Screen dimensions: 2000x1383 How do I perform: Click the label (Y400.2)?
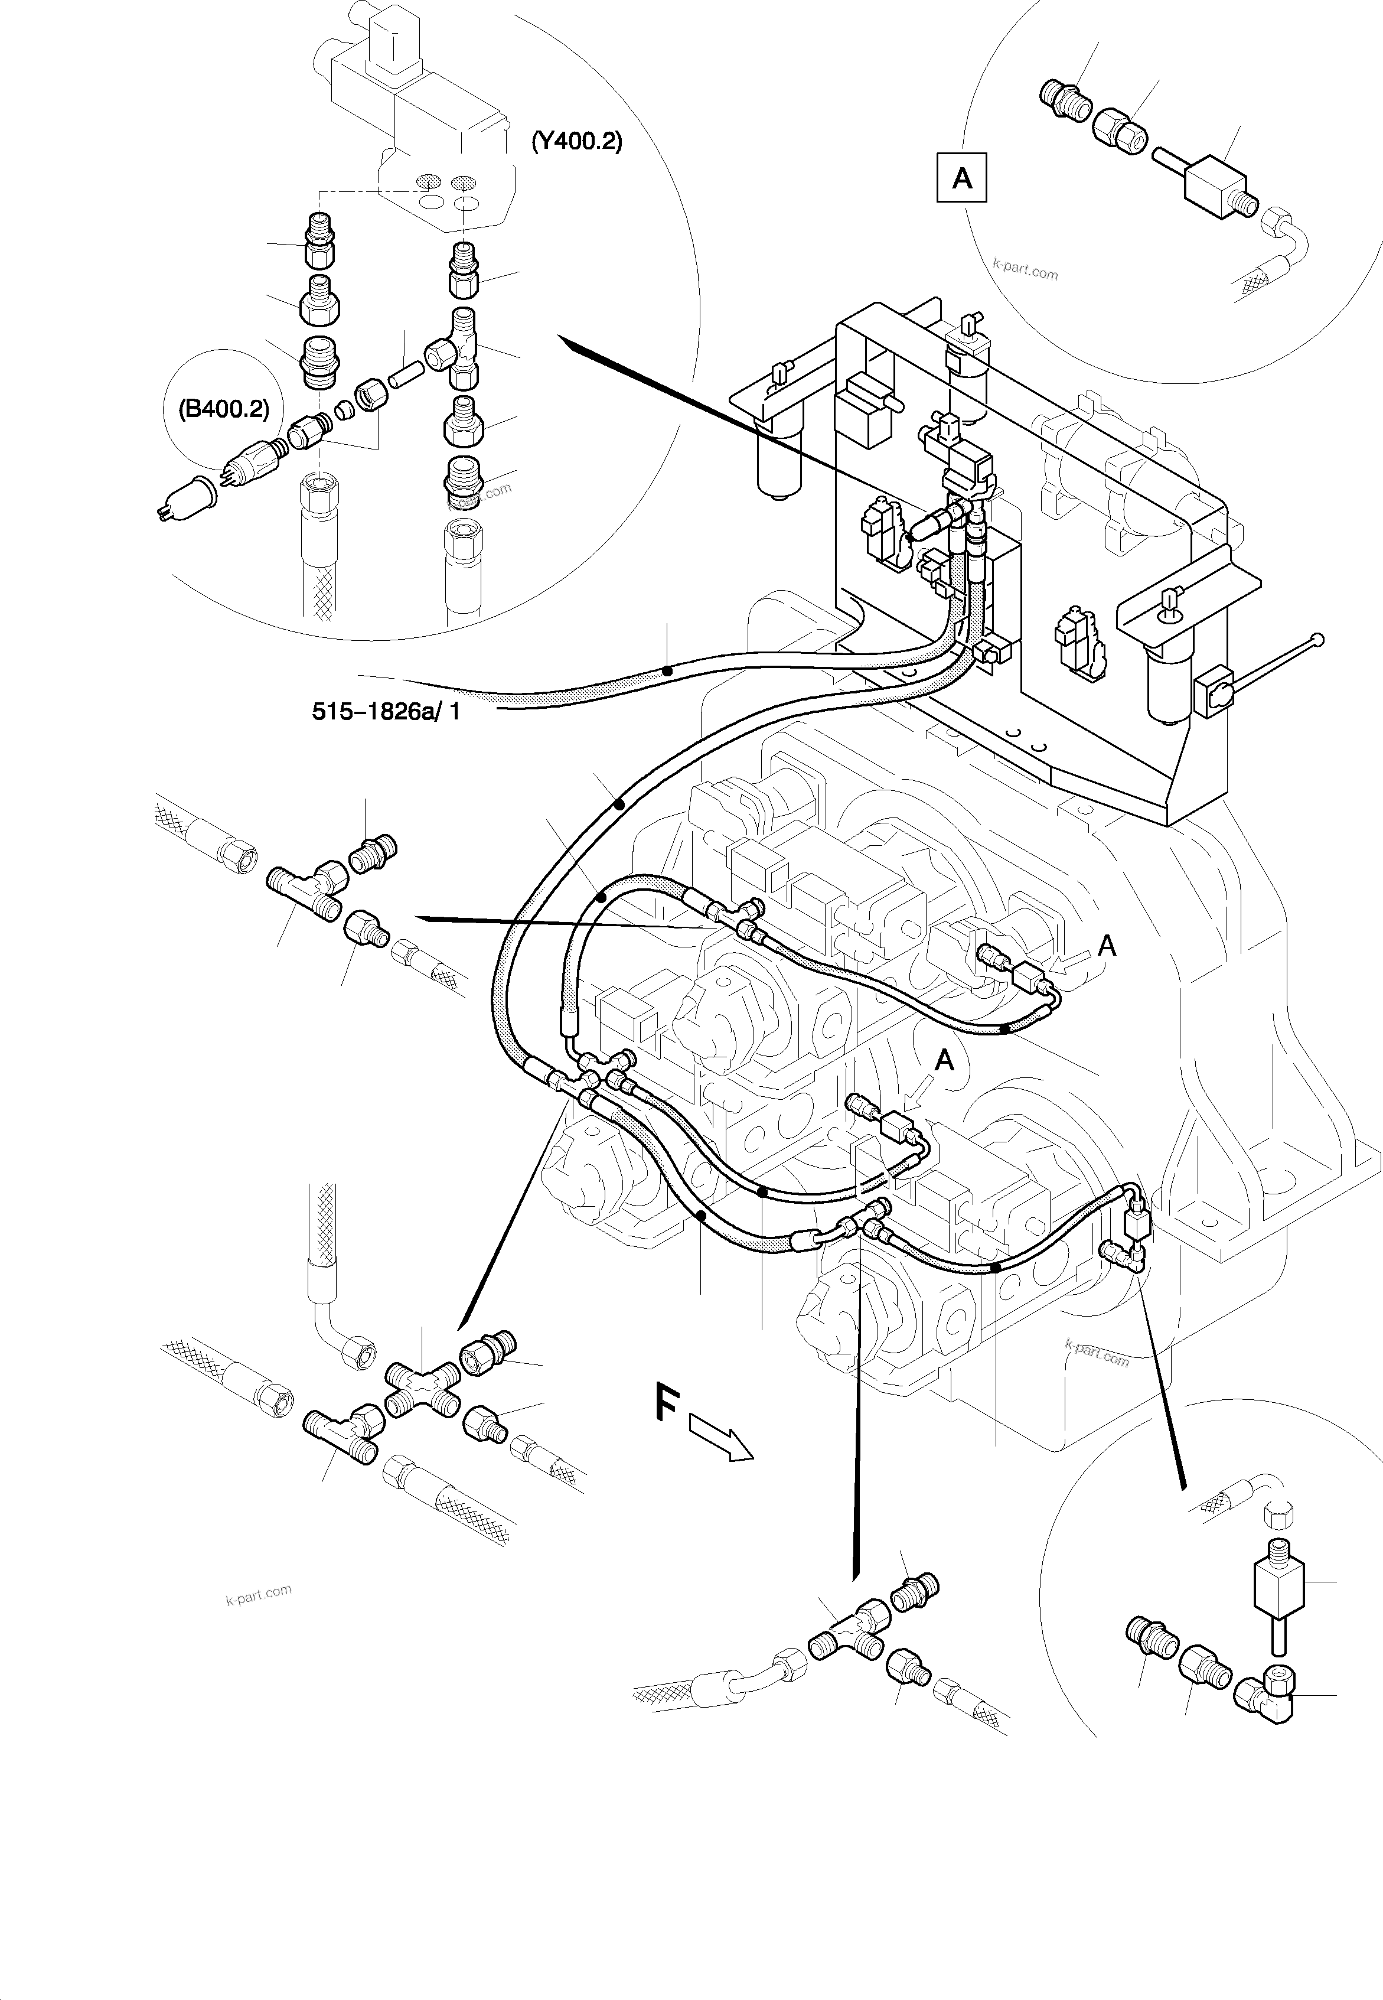[576, 141]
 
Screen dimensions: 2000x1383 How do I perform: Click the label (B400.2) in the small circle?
[224, 408]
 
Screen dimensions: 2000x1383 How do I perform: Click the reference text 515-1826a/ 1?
[386, 711]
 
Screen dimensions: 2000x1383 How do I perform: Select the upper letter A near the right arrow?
[1107, 946]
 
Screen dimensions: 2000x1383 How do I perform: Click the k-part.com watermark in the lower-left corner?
[258, 1595]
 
